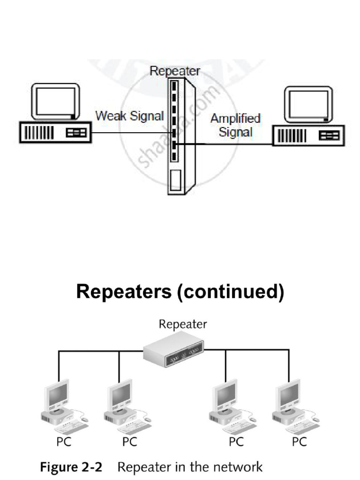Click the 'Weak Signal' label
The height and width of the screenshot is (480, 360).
130,115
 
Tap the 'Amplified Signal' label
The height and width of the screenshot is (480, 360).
235,125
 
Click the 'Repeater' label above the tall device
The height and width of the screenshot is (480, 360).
175,71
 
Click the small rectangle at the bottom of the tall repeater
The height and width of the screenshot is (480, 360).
175,180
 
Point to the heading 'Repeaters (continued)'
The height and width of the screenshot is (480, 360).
180,292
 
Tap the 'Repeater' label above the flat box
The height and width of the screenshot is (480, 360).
183,324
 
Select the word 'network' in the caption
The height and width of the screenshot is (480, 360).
237,467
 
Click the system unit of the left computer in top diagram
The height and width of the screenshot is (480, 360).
54,133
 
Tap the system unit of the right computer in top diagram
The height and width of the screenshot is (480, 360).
309,136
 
